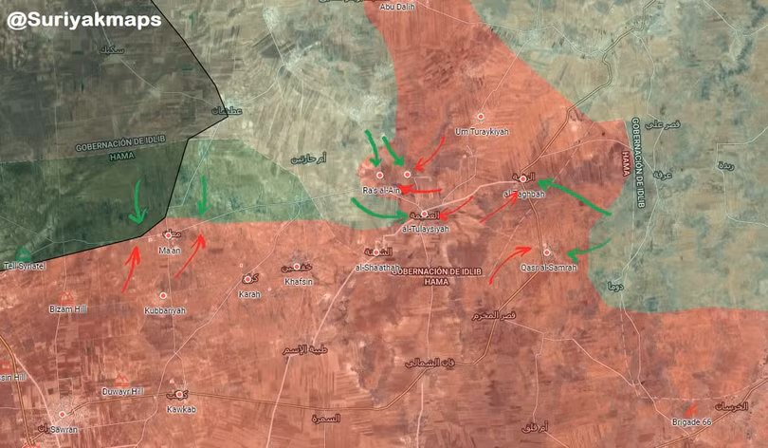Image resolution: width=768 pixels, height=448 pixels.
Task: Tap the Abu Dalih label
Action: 397,9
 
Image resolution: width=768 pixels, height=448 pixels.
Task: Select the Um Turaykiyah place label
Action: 481,131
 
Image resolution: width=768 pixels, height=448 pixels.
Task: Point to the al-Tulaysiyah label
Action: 426,229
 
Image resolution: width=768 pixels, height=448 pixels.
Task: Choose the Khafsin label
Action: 298,281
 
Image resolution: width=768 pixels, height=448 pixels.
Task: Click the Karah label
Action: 249,293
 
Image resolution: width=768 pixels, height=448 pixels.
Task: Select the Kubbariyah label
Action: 165,310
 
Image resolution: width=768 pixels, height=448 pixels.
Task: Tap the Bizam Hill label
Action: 67,310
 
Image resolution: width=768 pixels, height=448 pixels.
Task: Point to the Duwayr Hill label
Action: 124,391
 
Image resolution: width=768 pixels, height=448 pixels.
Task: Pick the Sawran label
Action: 62,428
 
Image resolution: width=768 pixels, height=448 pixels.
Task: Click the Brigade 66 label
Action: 690,420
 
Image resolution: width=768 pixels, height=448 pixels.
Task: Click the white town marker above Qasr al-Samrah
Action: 547,252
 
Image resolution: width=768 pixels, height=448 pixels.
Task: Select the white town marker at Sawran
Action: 63,415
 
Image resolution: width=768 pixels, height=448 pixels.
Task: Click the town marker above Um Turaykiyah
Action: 481,116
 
